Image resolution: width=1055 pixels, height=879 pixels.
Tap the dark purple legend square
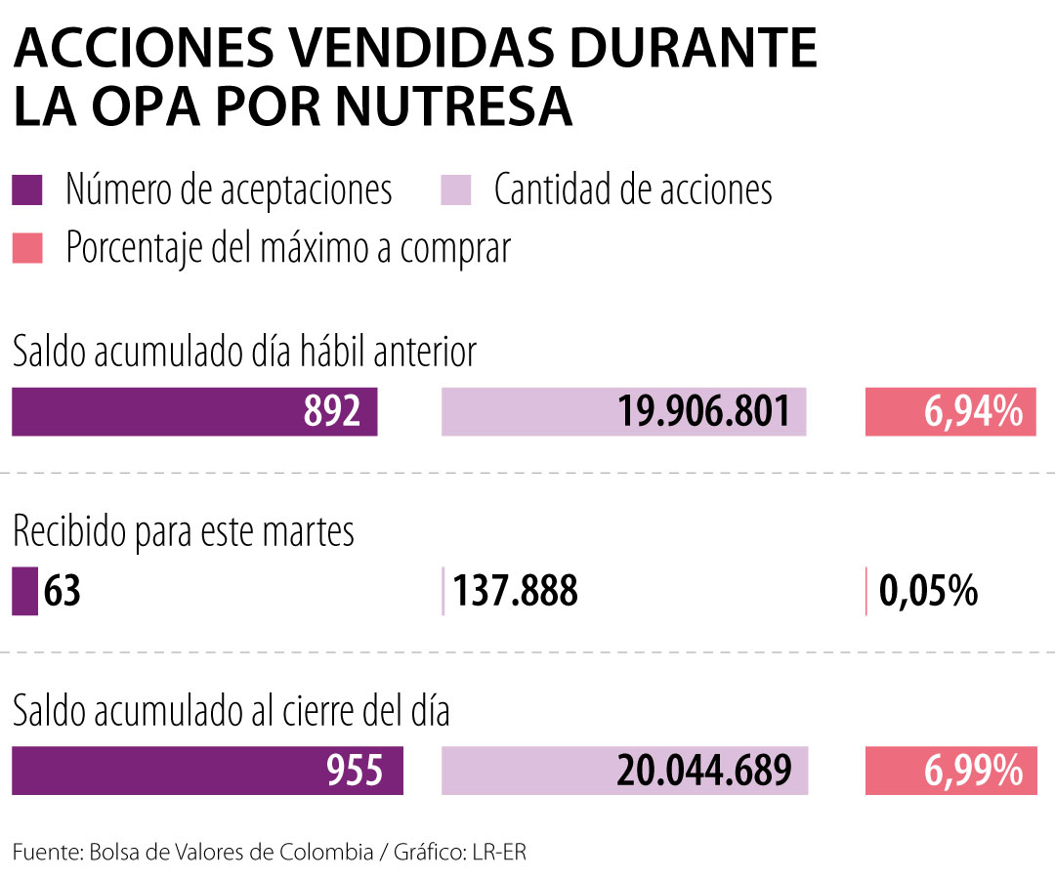[27, 189]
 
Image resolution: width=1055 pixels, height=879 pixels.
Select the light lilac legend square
[457, 189]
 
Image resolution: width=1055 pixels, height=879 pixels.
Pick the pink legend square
[27, 248]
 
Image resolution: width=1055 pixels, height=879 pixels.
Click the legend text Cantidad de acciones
[633, 189]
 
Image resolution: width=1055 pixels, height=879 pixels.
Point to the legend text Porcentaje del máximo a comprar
[288, 248]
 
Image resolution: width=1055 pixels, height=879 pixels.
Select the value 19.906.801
[703, 412]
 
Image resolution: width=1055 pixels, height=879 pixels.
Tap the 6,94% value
[973, 412]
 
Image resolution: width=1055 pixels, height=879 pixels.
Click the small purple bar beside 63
[24, 592]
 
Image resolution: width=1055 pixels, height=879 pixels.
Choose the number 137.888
[516, 592]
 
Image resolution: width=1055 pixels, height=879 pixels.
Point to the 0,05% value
[929, 592]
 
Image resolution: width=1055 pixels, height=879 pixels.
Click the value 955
[354, 771]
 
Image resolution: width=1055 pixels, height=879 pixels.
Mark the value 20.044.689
[703, 771]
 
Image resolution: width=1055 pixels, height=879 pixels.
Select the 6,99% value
[973, 771]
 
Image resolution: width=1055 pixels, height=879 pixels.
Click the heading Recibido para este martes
[183, 533]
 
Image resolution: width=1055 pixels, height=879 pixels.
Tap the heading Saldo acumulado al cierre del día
[231, 711]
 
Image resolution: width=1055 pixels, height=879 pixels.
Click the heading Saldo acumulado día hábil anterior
[244, 353]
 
